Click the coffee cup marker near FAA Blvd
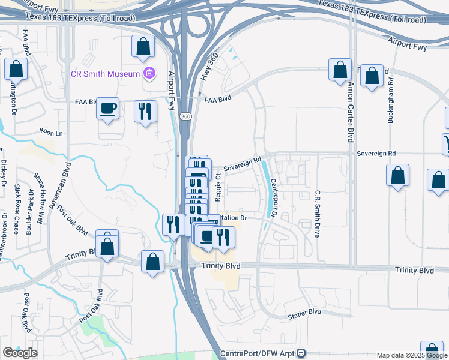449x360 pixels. point(107,109)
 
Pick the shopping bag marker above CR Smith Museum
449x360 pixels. point(143,46)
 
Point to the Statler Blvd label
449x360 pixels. point(304,312)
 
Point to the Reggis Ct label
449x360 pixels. point(218,185)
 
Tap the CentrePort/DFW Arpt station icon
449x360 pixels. point(302,354)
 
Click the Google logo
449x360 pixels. point(20,353)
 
